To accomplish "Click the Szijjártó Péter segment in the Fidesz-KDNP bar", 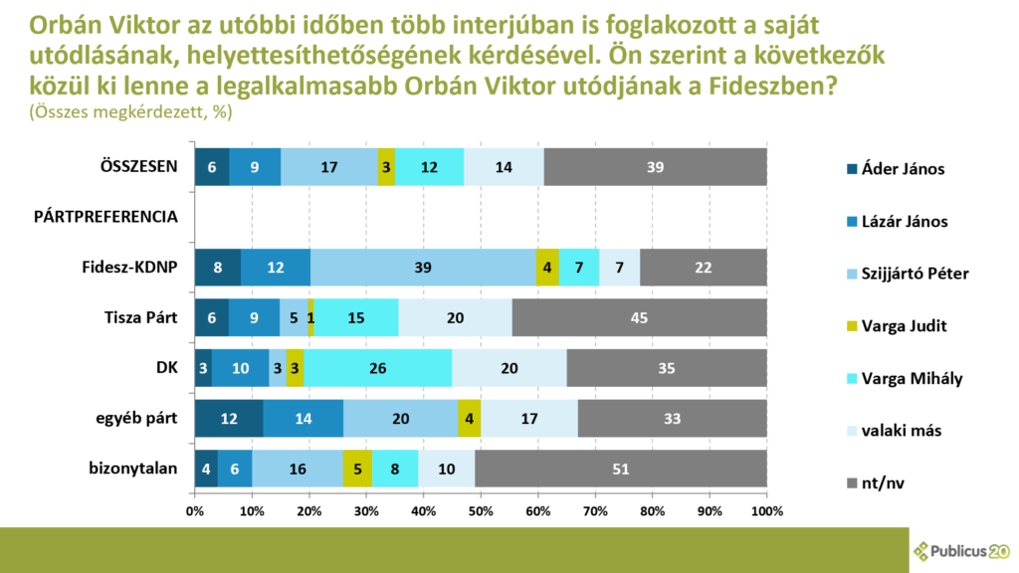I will coord(424,268).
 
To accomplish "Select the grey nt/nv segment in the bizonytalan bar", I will coord(621,469).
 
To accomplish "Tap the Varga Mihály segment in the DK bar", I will coord(378,368).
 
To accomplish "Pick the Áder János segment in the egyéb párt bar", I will coord(229,418).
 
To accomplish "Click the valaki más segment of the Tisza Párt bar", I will coord(455,317).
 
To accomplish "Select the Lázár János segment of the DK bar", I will coord(241,368).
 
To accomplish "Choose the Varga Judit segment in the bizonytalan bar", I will coord(357,469).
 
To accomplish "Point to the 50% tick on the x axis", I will coord(481,510).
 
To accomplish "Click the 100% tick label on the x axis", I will coord(765,510).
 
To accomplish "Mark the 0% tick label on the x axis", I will coord(195,510).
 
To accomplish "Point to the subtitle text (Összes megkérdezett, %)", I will coord(130,112).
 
